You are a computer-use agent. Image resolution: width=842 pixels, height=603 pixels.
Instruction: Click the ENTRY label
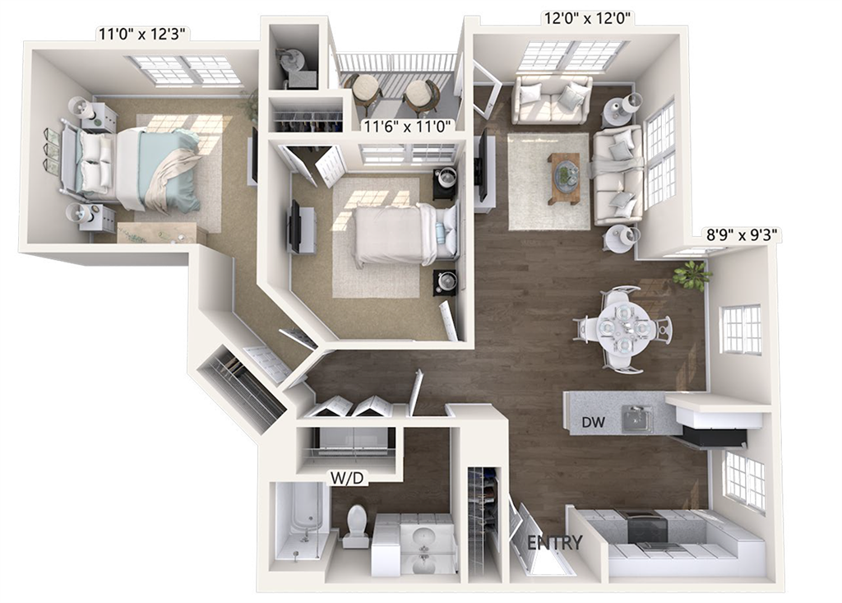[554, 543]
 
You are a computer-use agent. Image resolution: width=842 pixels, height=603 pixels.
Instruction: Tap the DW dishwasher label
[593, 423]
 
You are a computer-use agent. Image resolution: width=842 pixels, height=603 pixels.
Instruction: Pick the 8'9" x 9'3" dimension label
[742, 235]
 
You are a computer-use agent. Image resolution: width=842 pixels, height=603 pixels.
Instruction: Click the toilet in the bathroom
[356, 525]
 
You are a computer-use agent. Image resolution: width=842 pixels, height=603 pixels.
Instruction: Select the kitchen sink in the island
[636, 420]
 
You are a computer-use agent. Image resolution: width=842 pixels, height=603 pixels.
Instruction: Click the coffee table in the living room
[564, 177]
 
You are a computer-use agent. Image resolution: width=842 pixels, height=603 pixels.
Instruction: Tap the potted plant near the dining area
[691, 276]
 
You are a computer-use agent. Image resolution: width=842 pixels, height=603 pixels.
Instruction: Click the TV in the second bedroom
[294, 226]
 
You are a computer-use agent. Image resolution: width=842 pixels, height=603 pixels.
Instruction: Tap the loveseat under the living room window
[551, 99]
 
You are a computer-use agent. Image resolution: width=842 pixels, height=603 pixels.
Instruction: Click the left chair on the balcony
[363, 92]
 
